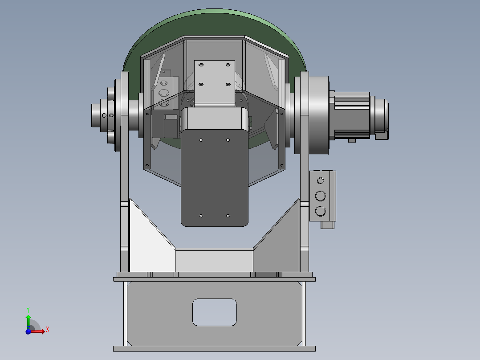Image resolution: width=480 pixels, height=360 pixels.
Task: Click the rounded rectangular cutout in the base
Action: (x=214, y=312)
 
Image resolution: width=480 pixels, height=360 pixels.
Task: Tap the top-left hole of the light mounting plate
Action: (x=201, y=65)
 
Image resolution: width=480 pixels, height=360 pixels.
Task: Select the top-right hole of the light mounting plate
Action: (x=228, y=65)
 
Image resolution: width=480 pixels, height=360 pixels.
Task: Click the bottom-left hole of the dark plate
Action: (x=201, y=216)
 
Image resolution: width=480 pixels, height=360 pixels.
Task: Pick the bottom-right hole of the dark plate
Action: (x=228, y=216)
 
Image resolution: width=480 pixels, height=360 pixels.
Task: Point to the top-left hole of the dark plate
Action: (x=201, y=140)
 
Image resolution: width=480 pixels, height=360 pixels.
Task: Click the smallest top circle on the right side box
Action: (x=321, y=181)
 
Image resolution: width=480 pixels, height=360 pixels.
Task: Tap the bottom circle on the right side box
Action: (x=321, y=211)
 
